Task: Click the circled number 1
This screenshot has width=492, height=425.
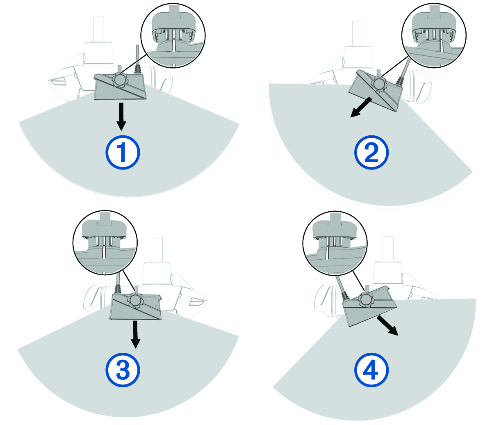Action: coord(123,153)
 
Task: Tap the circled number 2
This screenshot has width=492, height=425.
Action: coord(371,153)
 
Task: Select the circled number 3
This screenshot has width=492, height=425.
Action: coord(123,370)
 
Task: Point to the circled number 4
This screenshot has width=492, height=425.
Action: coord(371,370)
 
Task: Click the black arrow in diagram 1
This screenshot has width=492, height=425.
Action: coord(121,117)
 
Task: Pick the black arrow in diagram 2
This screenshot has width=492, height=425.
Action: coord(361,107)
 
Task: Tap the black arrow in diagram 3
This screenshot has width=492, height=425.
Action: coord(136,334)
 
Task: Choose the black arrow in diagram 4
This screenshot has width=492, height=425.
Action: coord(387,325)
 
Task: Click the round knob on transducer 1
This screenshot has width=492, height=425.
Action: coord(121,80)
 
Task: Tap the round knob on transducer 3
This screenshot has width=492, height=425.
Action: coord(135,301)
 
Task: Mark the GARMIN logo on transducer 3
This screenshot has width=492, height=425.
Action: coord(150,297)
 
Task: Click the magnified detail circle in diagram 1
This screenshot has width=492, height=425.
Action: coord(173,35)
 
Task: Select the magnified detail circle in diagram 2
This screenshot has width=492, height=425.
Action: coord(434,35)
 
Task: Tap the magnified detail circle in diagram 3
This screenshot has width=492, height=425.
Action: coord(105,243)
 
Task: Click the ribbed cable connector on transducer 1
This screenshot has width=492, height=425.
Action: coord(138,70)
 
